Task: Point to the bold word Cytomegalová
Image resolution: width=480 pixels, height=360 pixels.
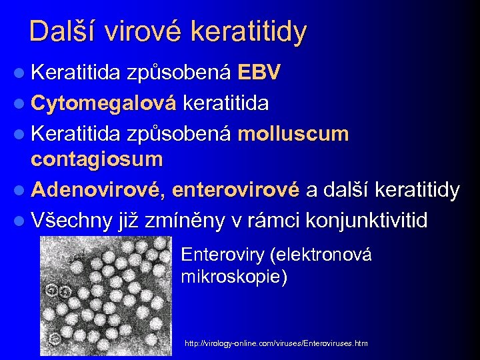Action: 103,103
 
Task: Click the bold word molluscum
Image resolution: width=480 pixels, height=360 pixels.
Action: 293,133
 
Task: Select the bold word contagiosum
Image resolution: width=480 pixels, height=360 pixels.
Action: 97,159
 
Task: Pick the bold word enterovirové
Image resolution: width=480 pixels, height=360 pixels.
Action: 235,191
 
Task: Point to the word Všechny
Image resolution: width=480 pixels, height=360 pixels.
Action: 73,221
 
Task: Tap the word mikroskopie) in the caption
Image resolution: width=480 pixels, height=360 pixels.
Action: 234,276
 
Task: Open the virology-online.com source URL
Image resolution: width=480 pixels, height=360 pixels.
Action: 275,343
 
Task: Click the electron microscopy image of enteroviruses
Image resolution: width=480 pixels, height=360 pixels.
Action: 107,294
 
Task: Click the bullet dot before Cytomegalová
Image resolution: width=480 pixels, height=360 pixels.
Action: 20,104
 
